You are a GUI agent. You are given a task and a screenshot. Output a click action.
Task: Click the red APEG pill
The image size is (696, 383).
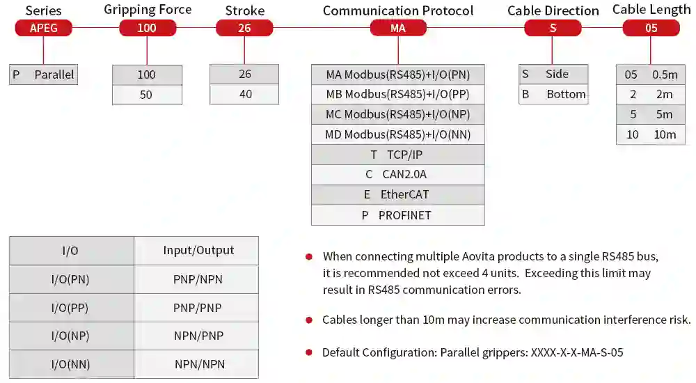(43, 28)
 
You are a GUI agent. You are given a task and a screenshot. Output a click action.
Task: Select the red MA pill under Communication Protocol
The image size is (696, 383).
(398, 28)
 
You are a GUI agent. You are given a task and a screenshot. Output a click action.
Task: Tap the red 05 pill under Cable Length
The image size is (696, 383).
(651, 28)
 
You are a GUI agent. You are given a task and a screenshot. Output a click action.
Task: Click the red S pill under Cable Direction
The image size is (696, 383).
(553, 28)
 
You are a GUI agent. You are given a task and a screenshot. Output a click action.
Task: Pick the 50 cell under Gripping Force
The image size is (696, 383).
(147, 95)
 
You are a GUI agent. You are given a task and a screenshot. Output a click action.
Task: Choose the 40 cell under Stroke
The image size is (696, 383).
(244, 94)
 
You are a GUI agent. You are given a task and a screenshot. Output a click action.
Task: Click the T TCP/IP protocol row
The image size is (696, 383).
(398, 155)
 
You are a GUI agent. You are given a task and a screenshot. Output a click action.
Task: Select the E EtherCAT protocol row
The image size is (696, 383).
(398, 194)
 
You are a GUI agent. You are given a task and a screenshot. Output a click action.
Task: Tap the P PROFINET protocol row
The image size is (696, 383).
(398, 215)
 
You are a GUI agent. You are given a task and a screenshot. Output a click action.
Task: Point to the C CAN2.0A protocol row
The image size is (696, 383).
(398, 175)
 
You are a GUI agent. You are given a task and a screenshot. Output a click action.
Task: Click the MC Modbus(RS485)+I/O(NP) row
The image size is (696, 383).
(398, 114)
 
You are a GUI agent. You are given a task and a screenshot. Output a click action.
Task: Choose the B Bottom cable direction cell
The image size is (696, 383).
(553, 94)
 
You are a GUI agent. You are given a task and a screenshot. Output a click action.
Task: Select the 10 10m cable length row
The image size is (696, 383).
(651, 134)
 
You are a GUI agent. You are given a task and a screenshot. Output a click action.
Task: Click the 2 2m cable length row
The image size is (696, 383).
(651, 94)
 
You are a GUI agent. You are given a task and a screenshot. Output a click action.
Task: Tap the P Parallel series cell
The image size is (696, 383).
(43, 75)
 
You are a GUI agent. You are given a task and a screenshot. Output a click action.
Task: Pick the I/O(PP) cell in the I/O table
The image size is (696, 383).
(72, 308)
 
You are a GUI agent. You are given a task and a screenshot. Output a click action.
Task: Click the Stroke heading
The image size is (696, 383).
(244, 10)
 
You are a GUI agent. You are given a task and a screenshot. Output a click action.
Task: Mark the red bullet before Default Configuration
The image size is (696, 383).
(309, 353)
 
